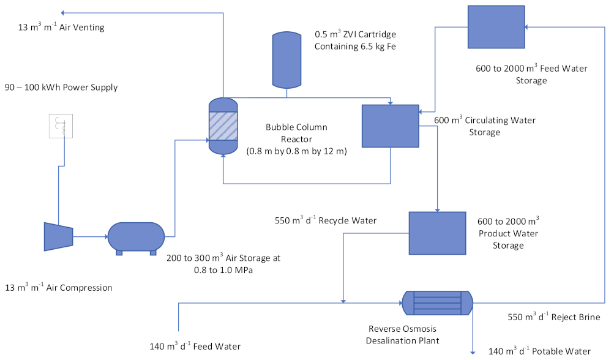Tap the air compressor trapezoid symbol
coord(58,236)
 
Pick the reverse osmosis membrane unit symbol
coord(437,301)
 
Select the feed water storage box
coord(496,27)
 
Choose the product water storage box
coord(436,233)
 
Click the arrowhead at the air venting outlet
coord(64,12)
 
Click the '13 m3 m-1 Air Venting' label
coord(62,28)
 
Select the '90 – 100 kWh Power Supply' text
coord(61,88)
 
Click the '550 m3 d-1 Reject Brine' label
coord(554,317)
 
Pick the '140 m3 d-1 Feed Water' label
coord(195,347)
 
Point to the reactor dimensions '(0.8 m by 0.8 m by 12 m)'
coord(296,151)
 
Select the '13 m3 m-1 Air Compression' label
coord(59,287)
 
